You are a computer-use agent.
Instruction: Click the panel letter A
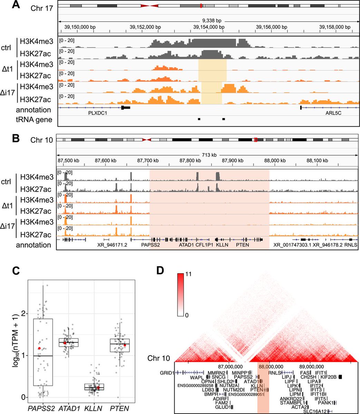click(x=15, y=6)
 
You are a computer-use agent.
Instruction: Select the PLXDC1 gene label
click(x=88, y=113)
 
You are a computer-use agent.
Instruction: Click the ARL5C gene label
click(x=333, y=113)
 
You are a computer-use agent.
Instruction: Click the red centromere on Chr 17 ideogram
click(x=149, y=6)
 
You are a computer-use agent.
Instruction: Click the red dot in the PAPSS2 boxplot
click(x=39, y=348)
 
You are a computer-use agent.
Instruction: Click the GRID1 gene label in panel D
click(x=166, y=373)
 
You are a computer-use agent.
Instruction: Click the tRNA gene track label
click(x=34, y=119)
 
